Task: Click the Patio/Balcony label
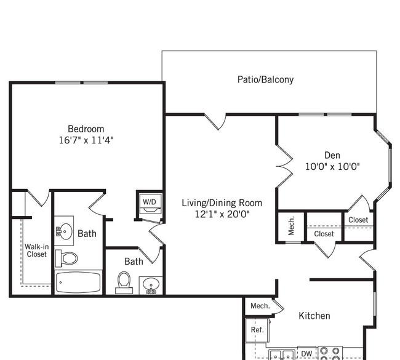pyautogui.click(x=265, y=79)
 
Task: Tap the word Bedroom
pyautogui.click(x=86, y=129)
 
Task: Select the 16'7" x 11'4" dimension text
pyautogui.click(x=86, y=140)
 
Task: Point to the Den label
pyautogui.click(x=332, y=155)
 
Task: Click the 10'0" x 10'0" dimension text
pyautogui.click(x=332, y=167)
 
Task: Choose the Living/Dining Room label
pyautogui.click(x=222, y=203)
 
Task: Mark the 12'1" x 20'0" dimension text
pyautogui.click(x=222, y=214)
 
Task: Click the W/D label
pyautogui.click(x=150, y=202)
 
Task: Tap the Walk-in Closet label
pyautogui.click(x=36, y=250)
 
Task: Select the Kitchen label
pyautogui.click(x=314, y=316)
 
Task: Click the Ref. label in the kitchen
pyautogui.click(x=257, y=330)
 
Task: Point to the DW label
pyautogui.click(x=306, y=354)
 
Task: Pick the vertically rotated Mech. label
pyautogui.click(x=291, y=226)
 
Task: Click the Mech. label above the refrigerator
pyautogui.click(x=260, y=306)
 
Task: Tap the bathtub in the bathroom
pyautogui.click(x=78, y=282)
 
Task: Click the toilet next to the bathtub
pyautogui.click(x=66, y=258)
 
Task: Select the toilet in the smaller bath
pyautogui.click(x=124, y=282)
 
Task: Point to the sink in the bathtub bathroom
pyautogui.click(x=64, y=231)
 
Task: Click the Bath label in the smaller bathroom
pyautogui.click(x=134, y=262)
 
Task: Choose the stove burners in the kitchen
pyautogui.click(x=330, y=354)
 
